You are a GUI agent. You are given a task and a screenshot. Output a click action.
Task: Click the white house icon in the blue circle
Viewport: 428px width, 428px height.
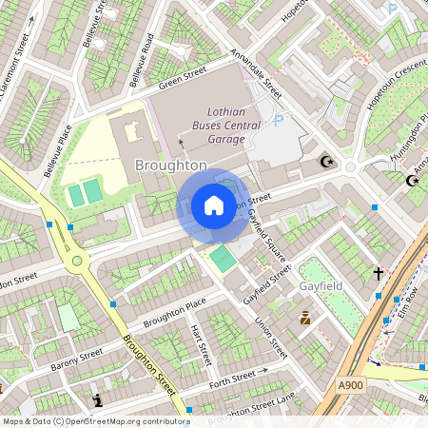point(214,205)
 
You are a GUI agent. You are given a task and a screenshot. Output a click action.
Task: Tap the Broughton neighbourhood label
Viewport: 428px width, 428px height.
point(171,165)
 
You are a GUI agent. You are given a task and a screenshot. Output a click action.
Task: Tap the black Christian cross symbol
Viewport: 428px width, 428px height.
point(378,274)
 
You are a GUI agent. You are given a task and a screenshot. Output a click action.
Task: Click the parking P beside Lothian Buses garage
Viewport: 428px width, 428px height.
point(279,121)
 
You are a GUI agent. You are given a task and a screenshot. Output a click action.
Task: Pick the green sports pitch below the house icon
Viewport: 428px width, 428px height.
point(223,258)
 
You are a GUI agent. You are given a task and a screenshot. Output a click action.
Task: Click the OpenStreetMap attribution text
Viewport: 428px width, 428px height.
point(95,420)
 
